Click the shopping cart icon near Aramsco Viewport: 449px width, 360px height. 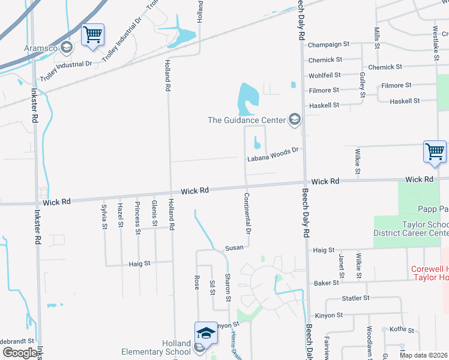93,35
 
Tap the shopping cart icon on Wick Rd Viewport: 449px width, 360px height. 435,151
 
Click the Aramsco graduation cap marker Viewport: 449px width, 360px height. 68,47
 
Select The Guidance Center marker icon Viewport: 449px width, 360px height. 294,120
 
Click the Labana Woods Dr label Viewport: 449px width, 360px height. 273,158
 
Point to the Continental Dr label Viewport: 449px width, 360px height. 247,213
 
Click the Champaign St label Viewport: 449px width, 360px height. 328,44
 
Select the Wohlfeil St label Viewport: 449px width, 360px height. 324,75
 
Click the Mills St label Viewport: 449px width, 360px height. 377,37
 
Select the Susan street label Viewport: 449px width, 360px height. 234,248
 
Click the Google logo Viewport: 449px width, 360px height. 20,353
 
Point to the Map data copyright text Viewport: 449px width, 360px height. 423,355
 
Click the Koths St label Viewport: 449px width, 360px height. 402,330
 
